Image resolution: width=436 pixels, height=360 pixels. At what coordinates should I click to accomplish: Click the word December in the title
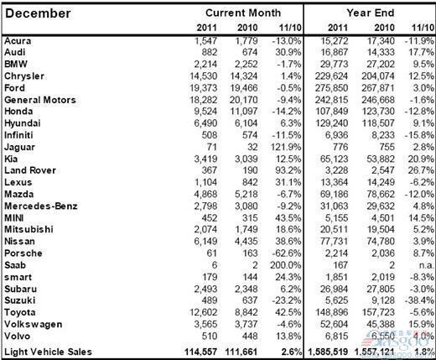pyautogui.click(x=39, y=13)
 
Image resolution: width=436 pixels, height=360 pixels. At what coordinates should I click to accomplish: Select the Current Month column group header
pyautogui.click(x=243, y=13)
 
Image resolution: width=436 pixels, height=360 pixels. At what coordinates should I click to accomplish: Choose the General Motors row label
pyautogui.click(x=39, y=99)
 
